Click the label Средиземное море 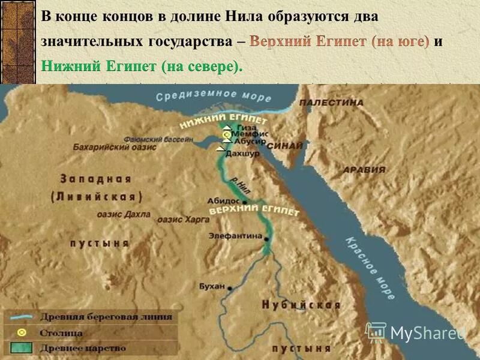pos(205,95)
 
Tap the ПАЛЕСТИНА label pos(331,103)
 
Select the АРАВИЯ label pos(364,170)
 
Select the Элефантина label pos(235,236)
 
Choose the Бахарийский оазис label pos(115,146)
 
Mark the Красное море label pos(370,267)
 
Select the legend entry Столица pos(62,332)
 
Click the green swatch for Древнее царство pos(22,347)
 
